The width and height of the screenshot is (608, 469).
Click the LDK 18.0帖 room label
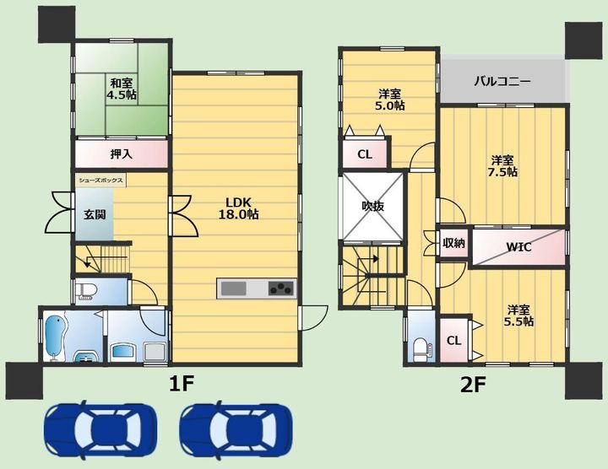[x=238, y=208]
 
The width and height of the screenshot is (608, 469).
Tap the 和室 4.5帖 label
[x=122, y=89]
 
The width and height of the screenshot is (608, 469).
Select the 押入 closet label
[x=122, y=154]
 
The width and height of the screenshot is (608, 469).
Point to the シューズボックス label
[x=100, y=180]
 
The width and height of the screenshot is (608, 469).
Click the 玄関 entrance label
[x=95, y=214]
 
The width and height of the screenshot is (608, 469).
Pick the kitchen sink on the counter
[x=233, y=288]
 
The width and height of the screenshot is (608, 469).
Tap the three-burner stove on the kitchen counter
[x=281, y=288]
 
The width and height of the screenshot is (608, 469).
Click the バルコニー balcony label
[x=502, y=81]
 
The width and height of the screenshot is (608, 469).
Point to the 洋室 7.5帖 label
[x=502, y=166]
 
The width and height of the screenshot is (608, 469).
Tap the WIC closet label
[x=518, y=246]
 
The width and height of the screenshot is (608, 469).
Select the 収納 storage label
[x=453, y=243]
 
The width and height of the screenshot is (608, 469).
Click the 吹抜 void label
[x=373, y=207]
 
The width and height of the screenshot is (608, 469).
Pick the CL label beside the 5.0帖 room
[x=365, y=154]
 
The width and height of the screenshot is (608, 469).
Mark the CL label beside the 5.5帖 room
[x=453, y=341]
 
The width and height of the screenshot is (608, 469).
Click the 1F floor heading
[x=182, y=384]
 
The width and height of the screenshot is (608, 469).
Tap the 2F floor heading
[x=473, y=385]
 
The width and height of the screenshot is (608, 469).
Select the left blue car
[x=100, y=431]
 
